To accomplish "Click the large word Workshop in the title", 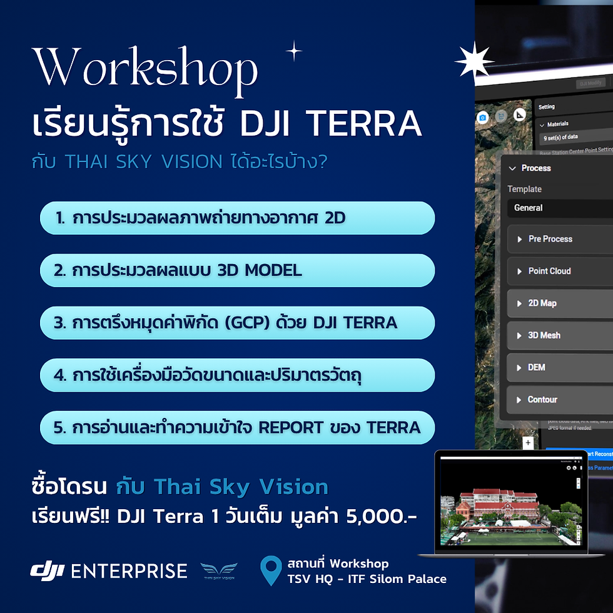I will point(145,69).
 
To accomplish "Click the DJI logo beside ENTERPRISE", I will point(48,570).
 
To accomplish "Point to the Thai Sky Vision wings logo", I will point(219,570).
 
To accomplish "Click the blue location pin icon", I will point(270,570).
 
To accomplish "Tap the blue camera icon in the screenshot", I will point(482,117).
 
